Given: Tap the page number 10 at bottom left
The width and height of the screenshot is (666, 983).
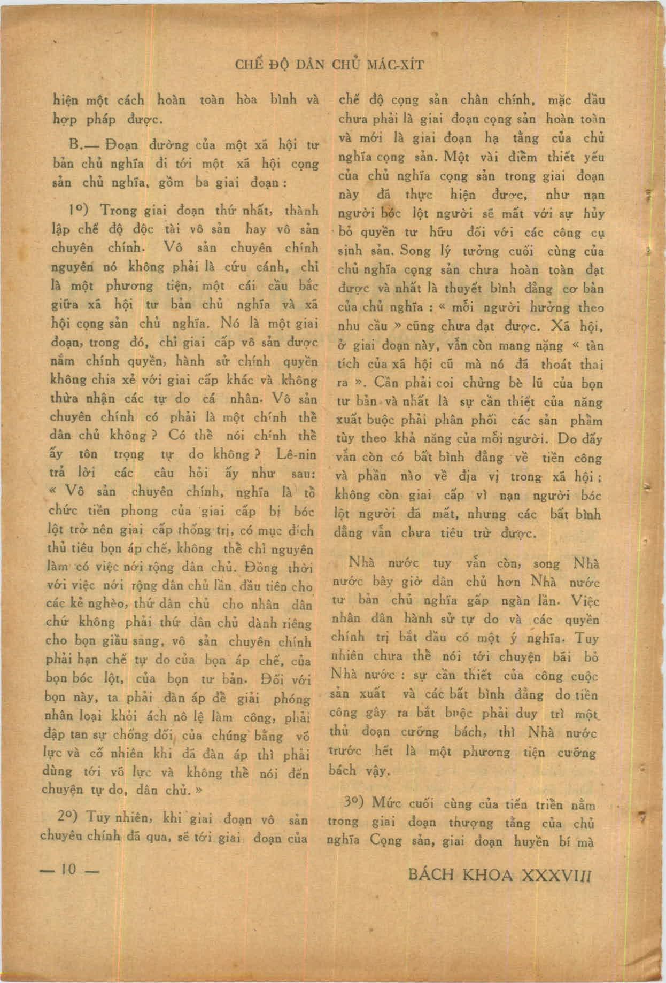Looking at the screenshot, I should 69,870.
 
